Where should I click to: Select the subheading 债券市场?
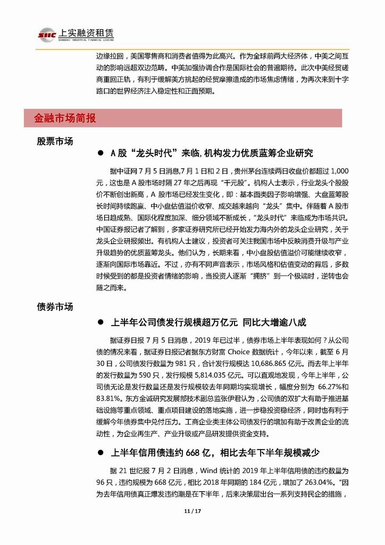coord(55,307)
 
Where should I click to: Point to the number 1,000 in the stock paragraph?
coord(338,171)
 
